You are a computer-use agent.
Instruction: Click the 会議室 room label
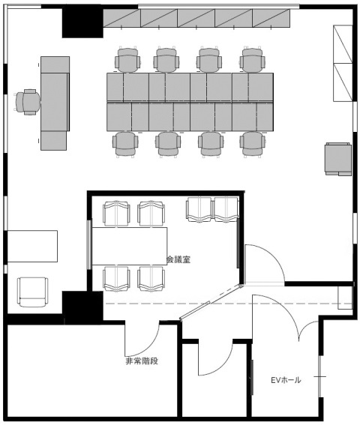(178, 259)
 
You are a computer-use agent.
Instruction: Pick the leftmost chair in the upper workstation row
(127, 59)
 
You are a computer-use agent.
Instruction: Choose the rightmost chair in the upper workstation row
(253, 59)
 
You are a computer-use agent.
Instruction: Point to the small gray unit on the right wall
(337, 158)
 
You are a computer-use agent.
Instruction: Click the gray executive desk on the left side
(55, 102)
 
